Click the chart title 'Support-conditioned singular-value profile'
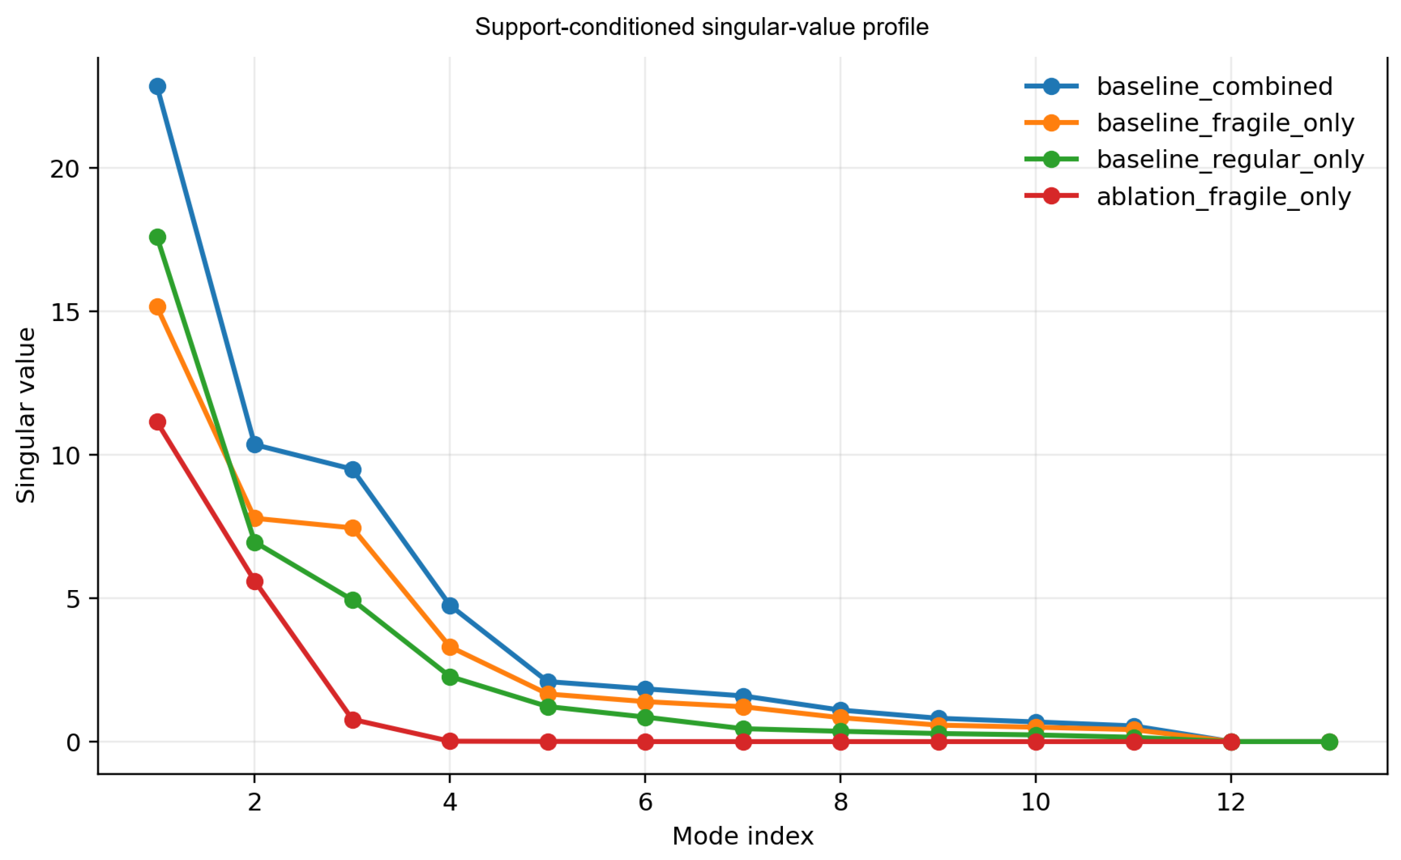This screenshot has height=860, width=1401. tap(701, 27)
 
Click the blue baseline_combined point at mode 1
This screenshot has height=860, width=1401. tap(158, 87)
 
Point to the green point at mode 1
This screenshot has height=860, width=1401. tap(158, 237)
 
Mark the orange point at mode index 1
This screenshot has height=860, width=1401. tap(158, 307)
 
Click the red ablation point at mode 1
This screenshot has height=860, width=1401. tap(158, 422)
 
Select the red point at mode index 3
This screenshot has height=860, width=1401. tap(353, 720)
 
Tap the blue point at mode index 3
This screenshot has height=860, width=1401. tap(353, 470)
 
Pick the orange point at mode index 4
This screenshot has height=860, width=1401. tap(450, 647)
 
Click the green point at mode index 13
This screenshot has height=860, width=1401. tap(1329, 742)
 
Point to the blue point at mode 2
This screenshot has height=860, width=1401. tap(255, 444)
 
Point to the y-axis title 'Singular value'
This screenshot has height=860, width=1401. tap(26, 415)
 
